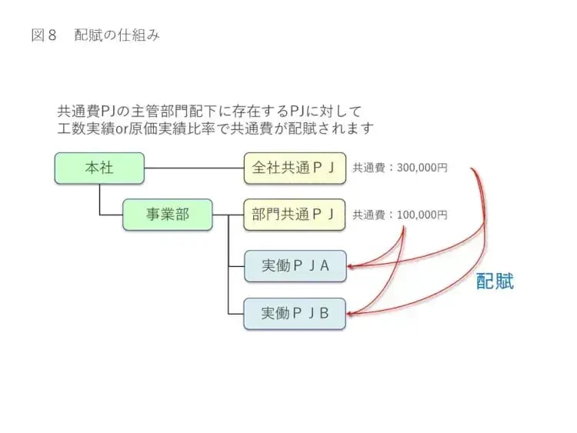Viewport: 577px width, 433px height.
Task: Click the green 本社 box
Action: click(99, 168)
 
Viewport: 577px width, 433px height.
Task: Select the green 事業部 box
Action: click(168, 215)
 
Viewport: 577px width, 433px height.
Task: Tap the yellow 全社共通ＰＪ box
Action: click(295, 168)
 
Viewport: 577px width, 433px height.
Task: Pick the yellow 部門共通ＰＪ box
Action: click(295, 215)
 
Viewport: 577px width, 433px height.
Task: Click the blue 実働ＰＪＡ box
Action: click(295, 266)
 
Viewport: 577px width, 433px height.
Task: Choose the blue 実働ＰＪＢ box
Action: click(295, 313)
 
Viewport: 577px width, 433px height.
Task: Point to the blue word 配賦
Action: click(495, 281)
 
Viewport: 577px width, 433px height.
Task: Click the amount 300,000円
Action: click(422, 168)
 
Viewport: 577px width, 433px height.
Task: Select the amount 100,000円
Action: click(422, 215)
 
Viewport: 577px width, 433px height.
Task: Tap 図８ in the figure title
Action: click(45, 35)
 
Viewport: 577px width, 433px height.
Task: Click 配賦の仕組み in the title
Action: click(118, 35)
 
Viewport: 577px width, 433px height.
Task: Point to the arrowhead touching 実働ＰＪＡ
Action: click(350, 267)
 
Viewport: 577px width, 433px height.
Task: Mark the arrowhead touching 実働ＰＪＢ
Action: click(350, 313)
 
